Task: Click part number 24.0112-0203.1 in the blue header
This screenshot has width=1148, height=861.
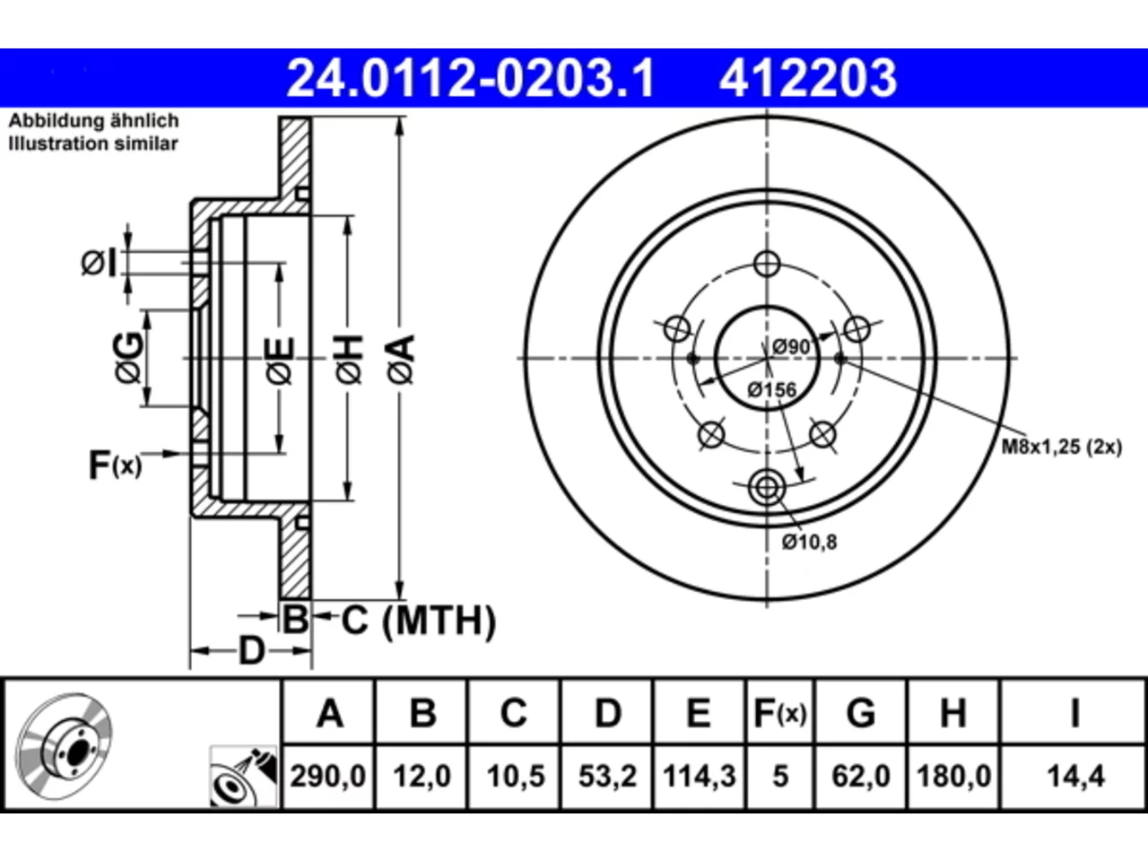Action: click(x=470, y=78)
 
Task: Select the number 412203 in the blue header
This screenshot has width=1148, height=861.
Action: click(x=808, y=78)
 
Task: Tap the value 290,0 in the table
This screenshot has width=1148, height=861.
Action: click(x=328, y=777)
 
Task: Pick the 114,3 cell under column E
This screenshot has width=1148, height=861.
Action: click(x=700, y=777)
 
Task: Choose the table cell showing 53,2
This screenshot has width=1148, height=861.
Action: click(x=608, y=777)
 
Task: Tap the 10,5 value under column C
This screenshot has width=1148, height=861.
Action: click(x=516, y=777)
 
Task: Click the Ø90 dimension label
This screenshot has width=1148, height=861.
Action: click(x=791, y=346)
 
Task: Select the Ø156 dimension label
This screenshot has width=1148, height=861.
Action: click(x=772, y=390)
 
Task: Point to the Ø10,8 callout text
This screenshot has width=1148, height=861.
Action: click(x=809, y=543)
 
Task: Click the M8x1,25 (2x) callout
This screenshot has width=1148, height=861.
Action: click(x=1062, y=447)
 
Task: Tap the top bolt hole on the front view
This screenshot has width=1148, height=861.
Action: click(x=767, y=264)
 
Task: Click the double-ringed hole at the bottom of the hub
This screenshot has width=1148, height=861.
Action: click(x=767, y=488)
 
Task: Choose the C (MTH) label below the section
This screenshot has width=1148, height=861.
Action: click(x=419, y=621)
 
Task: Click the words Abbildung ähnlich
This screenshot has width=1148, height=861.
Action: click(x=94, y=121)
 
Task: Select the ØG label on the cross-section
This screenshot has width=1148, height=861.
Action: click(x=127, y=358)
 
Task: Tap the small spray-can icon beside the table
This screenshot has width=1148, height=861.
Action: click(x=243, y=777)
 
